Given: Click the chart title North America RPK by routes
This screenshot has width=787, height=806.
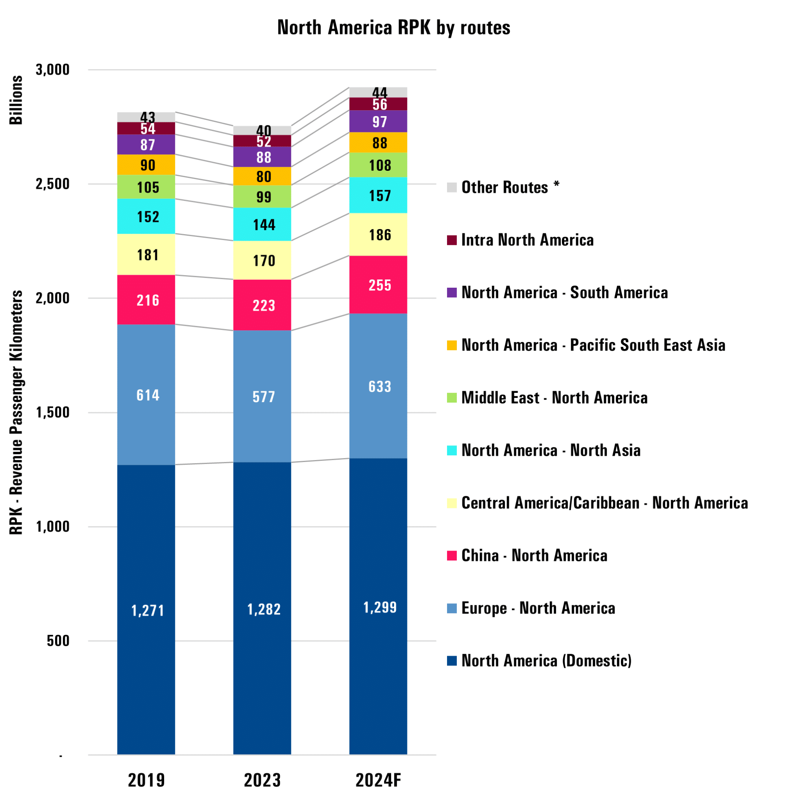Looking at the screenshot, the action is pyautogui.click(x=393, y=28).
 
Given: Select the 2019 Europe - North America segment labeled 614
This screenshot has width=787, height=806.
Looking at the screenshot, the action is pyautogui.click(x=146, y=395).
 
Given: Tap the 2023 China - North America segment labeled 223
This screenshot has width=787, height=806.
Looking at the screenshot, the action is pyautogui.click(x=262, y=305).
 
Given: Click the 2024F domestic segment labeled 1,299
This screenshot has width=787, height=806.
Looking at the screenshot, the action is pyautogui.click(x=378, y=606).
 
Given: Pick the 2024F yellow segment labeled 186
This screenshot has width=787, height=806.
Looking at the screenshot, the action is pyautogui.click(x=378, y=234).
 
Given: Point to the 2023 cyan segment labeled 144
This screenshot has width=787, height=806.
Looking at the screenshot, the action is pyautogui.click(x=262, y=224).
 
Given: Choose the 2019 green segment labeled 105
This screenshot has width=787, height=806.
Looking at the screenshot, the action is pyautogui.click(x=146, y=187).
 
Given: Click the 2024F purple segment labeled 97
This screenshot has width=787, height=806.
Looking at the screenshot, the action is pyautogui.click(x=378, y=122).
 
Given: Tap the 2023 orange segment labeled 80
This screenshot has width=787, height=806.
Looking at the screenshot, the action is pyautogui.click(x=262, y=176).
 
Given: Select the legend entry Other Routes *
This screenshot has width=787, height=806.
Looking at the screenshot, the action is pyautogui.click(x=503, y=187).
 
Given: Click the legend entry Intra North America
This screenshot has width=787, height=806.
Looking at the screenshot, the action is pyautogui.click(x=520, y=240).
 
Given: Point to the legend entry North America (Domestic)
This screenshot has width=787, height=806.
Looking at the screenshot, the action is pyautogui.click(x=539, y=660).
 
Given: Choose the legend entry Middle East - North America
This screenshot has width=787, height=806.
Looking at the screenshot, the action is pyautogui.click(x=547, y=397).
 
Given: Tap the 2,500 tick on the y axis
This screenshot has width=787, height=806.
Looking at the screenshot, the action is pyautogui.click(x=52, y=184).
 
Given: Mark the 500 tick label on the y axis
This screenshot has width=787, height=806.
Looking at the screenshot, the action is pyautogui.click(x=58, y=641).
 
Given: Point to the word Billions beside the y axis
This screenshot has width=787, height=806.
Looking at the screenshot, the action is pyautogui.click(x=16, y=100).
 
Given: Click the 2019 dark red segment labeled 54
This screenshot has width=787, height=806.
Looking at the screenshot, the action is pyautogui.click(x=146, y=128).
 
